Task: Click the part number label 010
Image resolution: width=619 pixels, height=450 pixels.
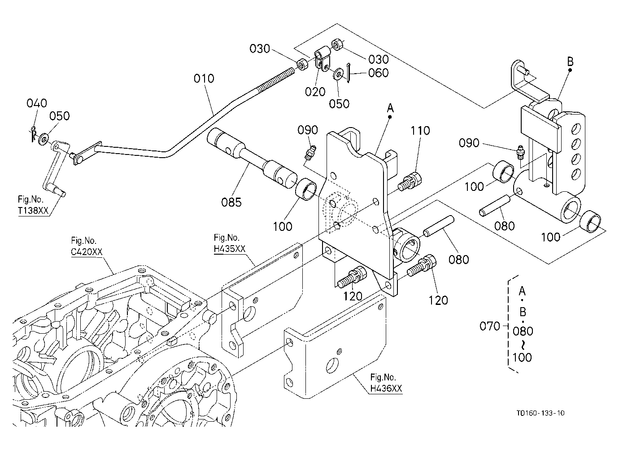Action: click(x=204, y=79)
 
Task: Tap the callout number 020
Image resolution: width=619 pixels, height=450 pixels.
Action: click(x=315, y=92)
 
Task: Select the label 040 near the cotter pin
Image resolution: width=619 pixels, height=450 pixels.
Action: click(x=37, y=103)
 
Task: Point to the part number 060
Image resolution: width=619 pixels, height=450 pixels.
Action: click(x=378, y=73)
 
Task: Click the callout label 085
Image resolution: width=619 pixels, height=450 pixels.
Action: click(x=231, y=202)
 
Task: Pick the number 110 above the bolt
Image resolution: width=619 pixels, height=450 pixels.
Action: click(x=420, y=131)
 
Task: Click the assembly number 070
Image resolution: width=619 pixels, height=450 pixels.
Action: click(x=490, y=326)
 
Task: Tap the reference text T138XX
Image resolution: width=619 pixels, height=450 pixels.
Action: click(x=33, y=211)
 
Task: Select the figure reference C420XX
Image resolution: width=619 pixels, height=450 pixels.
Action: click(x=87, y=252)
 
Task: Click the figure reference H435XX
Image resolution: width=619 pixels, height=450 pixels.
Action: click(x=230, y=249)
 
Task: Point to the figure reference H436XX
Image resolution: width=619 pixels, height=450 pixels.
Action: click(x=386, y=388)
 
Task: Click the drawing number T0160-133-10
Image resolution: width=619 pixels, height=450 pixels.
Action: click(x=541, y=413)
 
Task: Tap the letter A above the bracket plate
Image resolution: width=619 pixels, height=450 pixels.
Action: click(x=390, y=108)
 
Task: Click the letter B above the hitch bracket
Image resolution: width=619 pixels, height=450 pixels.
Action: click(x=570, y=62)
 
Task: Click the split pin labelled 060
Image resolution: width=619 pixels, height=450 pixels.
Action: click(x=348, y=72)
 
